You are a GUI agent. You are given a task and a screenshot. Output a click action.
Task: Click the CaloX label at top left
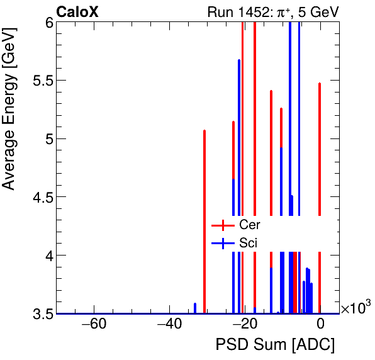point(77,11)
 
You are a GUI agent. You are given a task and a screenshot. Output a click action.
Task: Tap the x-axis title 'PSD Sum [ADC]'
point(275,346)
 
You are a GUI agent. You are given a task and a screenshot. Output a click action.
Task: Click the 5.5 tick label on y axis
point(42,81)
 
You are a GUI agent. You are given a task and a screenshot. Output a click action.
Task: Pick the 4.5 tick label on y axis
point(42,197)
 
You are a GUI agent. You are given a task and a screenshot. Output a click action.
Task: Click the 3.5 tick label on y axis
point(42,313)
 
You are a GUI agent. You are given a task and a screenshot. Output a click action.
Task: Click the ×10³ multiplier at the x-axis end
point(355,308)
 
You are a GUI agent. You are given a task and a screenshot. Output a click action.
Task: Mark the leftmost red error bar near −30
point(204,220)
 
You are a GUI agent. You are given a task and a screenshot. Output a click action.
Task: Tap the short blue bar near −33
point(195,308)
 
